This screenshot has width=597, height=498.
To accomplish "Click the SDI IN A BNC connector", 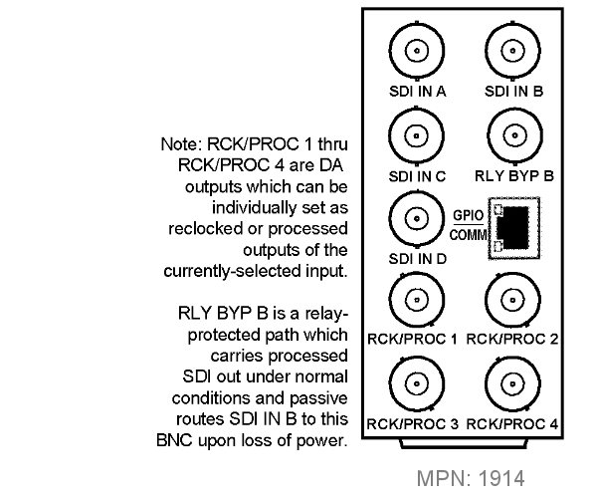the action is pyautogui.click(x=417, y=51).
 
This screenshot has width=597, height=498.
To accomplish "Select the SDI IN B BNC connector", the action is pyautogui.click(x=512, y=51).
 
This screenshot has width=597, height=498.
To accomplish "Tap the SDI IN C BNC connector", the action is pyautogui.click(x=417, y=136).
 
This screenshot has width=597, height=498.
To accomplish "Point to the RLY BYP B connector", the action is pyautogui.click(x=514, y=135).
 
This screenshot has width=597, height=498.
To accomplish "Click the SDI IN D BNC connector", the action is pyautogui.click(x=417, y=219).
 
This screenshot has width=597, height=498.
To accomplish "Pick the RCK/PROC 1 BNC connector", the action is pyautogui.click(x=417, y=300).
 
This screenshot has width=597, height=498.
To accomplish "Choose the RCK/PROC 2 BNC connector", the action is pyautogui.click(x=512, y=300).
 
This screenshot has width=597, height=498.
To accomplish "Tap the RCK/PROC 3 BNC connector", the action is pyautogui.click(x=417, y=384).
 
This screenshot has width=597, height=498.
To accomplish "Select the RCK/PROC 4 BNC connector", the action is pyautogui.click(x=512, y=384).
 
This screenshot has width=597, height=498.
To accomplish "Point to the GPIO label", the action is pyautogui.click(x=468, y=216).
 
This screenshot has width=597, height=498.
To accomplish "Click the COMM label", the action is pyautogui.click(x=469, y=235).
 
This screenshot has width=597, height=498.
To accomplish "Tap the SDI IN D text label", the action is pyautogui.click(x=417, y=259).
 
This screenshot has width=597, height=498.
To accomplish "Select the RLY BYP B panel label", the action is pyautogui.click(x=514, y=176).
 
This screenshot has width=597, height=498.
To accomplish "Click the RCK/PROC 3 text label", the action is pyautogui.click(x=412, y=424).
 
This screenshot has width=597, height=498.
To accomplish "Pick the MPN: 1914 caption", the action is pyautogui.click(x=471, y=478).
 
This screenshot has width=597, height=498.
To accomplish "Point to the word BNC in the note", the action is pyautogui.click(x=174, y=440).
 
